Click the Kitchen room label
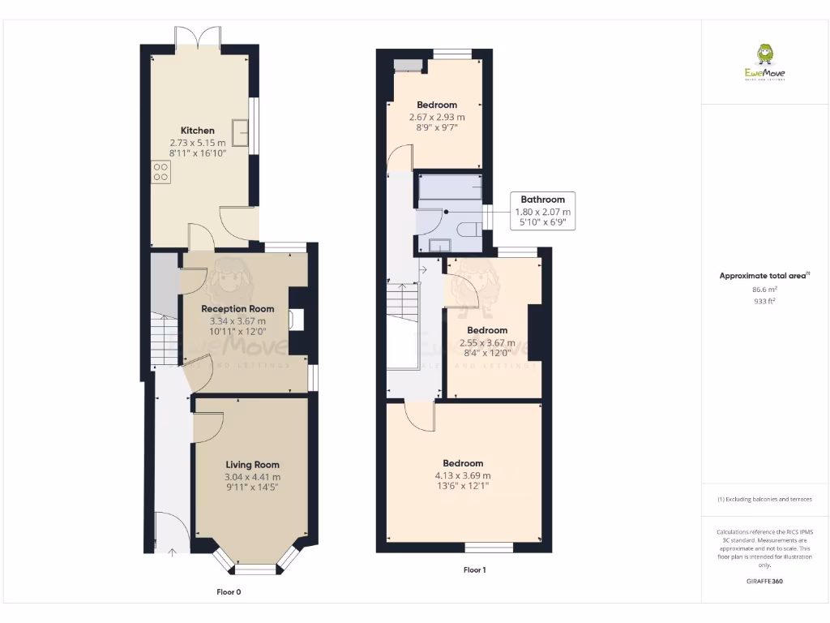[198, 131]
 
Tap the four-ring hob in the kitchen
[160, 172]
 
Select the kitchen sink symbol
[240, 131]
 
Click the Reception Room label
[237, 309]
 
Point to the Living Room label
[253, 465]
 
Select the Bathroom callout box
[543, 211]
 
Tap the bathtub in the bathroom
[449, 188]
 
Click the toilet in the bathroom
[469, 230]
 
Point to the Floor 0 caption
[229, 592]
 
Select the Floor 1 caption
[474, 570]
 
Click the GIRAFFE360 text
[764, 581]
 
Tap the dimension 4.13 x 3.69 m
[463, 475]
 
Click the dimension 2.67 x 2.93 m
[437, 117]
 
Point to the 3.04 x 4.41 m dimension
[253, 477]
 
